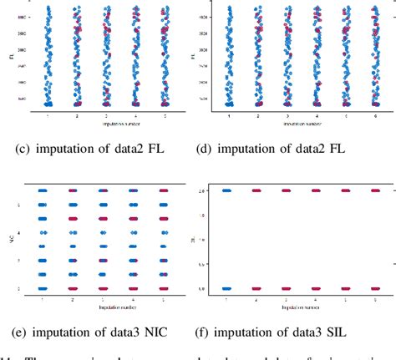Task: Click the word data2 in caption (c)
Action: pos(124,151)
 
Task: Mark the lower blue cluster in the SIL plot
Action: pos(226,289)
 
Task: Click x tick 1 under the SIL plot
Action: pos(226,298)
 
